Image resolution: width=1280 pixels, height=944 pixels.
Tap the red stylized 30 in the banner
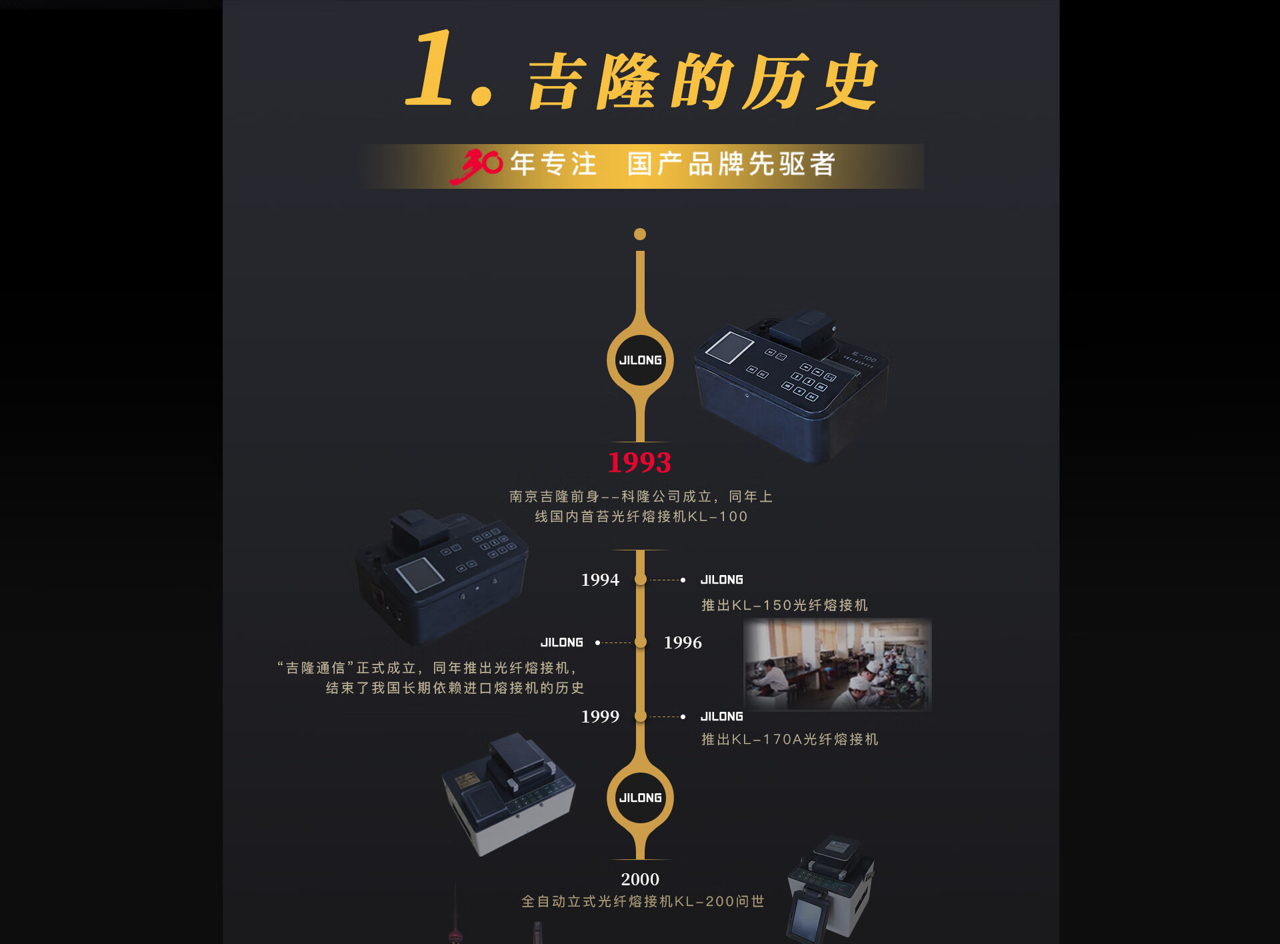click(476, 165)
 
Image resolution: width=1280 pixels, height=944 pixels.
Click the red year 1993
click(639, 462)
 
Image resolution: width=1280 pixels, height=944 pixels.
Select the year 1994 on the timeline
click(600, 580)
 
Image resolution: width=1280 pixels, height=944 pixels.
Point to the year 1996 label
click(683, 642)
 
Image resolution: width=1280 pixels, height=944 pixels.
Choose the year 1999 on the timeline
click(600, 717)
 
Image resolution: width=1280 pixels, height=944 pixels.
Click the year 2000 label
click(640, 879)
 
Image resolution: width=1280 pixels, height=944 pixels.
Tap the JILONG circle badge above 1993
click(640, 360)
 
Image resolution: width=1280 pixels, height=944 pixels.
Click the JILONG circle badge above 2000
click(640, 798)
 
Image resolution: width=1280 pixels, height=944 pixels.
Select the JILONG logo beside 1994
click(722, 580)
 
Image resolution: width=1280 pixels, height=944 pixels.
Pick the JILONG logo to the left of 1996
click(562, 642)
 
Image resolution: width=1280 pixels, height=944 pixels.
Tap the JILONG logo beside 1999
click(722, 717)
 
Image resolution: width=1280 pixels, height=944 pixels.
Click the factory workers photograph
click(837, 664)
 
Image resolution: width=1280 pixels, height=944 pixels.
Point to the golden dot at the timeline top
click(640, 234)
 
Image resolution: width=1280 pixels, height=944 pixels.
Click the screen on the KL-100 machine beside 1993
click(729, 347)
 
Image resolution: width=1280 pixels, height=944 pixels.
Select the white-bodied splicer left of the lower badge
click(509, 794)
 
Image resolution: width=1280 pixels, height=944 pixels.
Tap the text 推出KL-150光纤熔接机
click(785, 605)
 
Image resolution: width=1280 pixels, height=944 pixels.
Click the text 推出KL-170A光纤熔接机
click(790, 739)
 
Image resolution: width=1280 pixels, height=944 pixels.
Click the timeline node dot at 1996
click(641, 642)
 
